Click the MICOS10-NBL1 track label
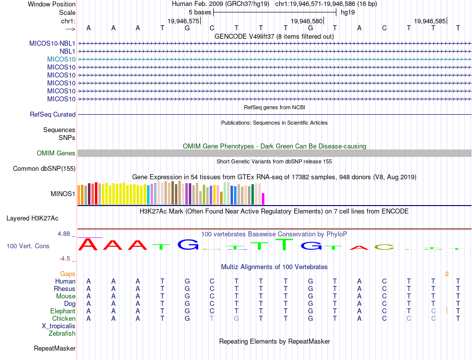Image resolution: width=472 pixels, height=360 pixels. click(52, 43)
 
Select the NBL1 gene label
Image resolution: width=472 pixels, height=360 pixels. click(67, 51)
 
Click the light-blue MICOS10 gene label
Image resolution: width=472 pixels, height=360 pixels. click(61, 59)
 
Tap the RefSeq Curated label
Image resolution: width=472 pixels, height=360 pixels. click(53, 114)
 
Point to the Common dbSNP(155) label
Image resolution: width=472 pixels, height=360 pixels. click(44, 169)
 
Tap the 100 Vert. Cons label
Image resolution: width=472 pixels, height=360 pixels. click(28, 246)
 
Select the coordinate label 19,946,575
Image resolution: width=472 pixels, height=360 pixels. click(183, 21)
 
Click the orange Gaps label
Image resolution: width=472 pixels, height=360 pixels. click(68, 274)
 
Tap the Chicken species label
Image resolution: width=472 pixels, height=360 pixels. click(64, 318)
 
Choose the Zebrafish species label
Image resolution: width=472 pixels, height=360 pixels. click(62, 333)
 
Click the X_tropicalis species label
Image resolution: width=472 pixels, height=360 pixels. click(59, 326)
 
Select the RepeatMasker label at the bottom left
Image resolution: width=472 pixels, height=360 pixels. click(55, 349)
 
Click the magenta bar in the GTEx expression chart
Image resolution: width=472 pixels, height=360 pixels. click(263, 199)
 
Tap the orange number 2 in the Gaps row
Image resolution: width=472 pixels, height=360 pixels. click(447, 274)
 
